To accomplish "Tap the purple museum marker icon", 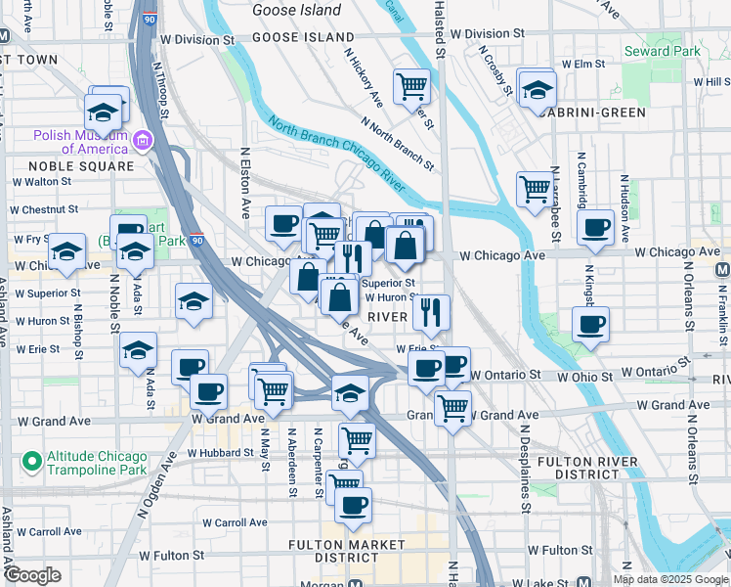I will tap(144, 142).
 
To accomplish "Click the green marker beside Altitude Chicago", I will tap(31, 458).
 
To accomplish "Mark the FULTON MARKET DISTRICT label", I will tap(346, 551).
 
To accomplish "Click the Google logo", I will tap(32, 575).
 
